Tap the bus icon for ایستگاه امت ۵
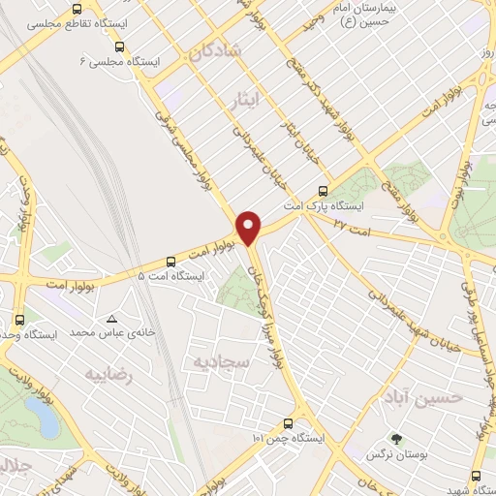click(170, 261)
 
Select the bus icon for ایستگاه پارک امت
click(324, 190)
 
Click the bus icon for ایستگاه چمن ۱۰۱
click(287, 423)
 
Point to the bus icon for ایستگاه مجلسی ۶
click(119, 46)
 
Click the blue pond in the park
click(42, 417)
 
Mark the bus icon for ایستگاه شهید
click(476, 475)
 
